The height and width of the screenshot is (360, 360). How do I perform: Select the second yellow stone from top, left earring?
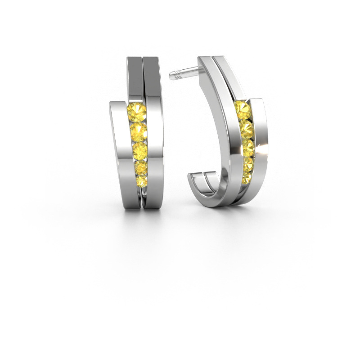(139, 131)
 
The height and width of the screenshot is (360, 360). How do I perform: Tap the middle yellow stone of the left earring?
(140, 150)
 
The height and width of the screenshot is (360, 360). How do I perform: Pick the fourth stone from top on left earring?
(141, 168)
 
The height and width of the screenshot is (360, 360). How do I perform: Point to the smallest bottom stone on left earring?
(141, 181)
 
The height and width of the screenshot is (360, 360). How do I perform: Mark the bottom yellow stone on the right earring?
(245, 179)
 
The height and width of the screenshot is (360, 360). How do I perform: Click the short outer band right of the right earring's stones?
(260, 139)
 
